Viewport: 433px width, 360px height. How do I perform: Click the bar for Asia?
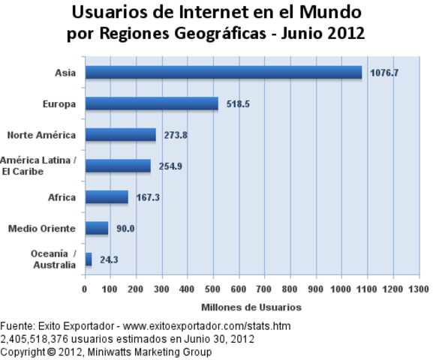click(x=223, y=73)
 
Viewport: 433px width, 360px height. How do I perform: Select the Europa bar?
click(x=152, y=103)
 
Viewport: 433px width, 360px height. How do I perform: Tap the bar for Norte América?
click(x=120, y=135)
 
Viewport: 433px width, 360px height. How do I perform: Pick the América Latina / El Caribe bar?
click(x=118, y=166)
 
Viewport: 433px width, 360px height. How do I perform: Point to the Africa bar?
click(x=107, y=197)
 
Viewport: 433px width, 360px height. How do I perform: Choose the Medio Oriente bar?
click(x=97, y=228)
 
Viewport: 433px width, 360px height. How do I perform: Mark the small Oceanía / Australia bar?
click(x=89, y=259)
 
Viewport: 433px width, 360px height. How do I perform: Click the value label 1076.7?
click(x=384, y=73)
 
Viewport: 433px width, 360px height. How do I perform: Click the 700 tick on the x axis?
click(x=265, y=289)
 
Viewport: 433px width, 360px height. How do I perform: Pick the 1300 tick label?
click(x=419, y=289)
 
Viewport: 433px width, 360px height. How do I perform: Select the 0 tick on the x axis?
click(x=85, y=289)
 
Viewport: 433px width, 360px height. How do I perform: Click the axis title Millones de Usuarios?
click(x=251, y=307)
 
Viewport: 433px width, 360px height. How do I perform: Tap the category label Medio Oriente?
click(x=41, y=228)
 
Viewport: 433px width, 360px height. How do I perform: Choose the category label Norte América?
click(x=41, y=135)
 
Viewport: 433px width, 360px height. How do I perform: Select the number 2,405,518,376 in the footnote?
click(x=33, y=338)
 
